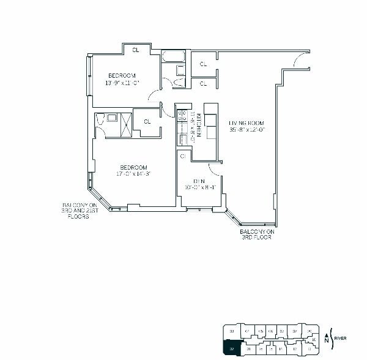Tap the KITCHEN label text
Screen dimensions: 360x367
192,126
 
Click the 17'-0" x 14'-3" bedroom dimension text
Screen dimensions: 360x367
133,174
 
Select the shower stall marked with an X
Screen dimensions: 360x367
125,124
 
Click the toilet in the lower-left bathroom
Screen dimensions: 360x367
101,121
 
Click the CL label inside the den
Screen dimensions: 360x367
183,157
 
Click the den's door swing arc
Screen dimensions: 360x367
215,169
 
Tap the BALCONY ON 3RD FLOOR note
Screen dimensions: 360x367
256,235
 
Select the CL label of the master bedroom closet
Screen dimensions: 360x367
147,121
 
